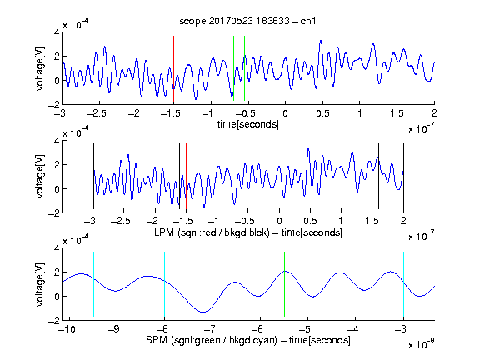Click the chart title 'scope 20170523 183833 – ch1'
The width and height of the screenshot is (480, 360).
click(x=247, y=21)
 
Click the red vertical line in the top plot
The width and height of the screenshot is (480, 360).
click(x=173, y=69)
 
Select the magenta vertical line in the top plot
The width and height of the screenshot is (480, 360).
click(x=397, y=69)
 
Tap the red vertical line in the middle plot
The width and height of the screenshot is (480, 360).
click(x=186, y=177)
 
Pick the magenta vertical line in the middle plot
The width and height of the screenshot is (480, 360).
click(x=372, y=177)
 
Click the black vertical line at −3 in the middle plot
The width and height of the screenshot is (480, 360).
click(x=93, y=177)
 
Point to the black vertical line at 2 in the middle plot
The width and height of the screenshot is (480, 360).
click(x=403, y=177)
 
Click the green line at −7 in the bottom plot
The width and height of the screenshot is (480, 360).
click(x=212, y=284)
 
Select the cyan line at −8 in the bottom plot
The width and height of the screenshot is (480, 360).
click(x=164, y=284)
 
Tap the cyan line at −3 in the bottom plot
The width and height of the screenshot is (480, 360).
click(x=403, y=284)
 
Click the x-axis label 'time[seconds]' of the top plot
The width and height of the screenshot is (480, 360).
click(x=248, y=124)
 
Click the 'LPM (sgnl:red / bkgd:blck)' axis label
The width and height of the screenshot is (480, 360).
click(x=212, y=232)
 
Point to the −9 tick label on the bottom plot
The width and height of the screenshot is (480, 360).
click(x=114, y=329)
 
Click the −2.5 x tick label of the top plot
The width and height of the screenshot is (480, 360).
click(x=97, y=113)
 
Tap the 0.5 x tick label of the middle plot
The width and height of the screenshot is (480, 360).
click(x=310, y=221)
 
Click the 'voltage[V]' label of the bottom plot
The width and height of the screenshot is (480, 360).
click(x=40, y=284)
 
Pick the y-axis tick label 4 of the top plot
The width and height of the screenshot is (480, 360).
click(x=57, y=32)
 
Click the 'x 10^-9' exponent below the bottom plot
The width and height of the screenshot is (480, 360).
click(x=421, y=344)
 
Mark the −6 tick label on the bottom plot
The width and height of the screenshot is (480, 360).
click(x=257, y=329)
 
